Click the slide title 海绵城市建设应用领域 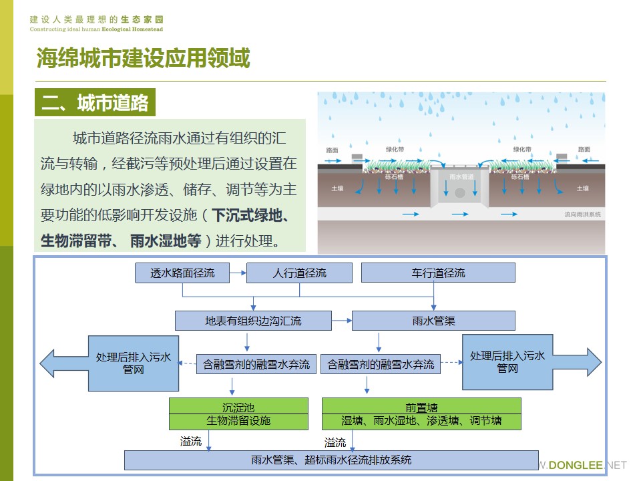point(143,59)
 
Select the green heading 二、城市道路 point(95,104)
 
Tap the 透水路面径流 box point(182,273)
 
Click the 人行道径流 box point(300,273)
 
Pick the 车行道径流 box point(438,273)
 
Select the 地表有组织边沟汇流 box point(253,321)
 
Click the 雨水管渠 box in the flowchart point(433,321)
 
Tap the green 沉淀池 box point(238,406)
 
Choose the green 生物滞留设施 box point(238,422)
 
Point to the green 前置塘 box point(421,406)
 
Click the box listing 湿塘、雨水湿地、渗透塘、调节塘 point(421,422)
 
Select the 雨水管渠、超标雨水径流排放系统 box point(331,460)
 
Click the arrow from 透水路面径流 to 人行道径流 point(238,273)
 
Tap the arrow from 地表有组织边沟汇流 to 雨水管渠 point(342,321)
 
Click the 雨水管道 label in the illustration point(461,176)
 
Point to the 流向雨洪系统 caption point(582,214)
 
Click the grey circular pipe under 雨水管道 point(461,192)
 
